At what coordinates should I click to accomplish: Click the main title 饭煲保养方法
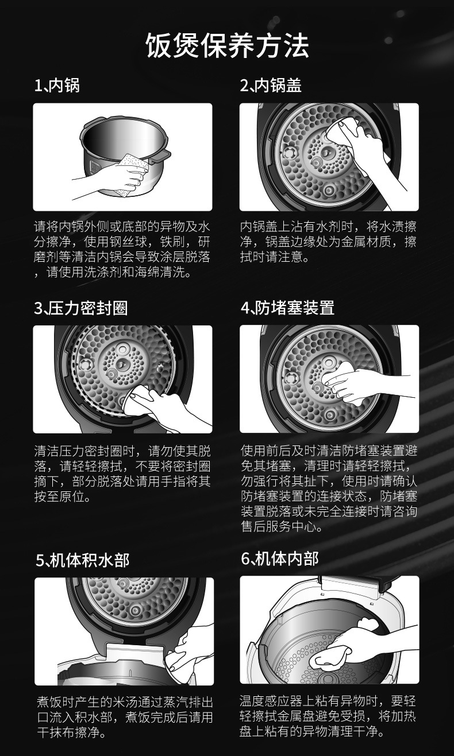click(227, 45)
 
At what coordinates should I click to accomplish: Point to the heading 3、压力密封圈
click(80, 308)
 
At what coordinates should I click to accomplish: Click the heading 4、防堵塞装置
click(287, 308)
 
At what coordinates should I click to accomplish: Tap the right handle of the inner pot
click(162, 154)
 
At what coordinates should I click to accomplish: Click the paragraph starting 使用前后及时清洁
click(328, 489)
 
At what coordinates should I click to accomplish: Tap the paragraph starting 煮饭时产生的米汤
click(122, 718)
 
